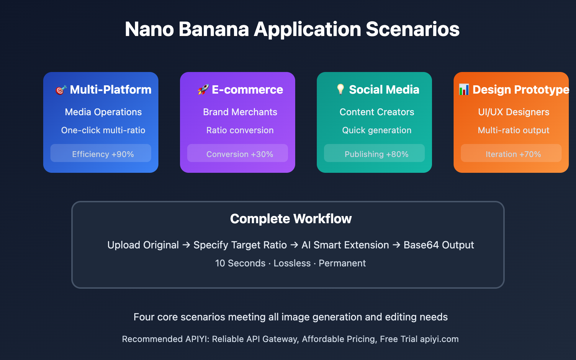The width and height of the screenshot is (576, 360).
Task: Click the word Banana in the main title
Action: (214, 29)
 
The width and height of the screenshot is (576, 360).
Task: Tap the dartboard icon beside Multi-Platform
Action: (61, 90)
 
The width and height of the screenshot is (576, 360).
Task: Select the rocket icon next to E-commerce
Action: (203, 90)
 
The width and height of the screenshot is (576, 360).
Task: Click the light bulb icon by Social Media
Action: (341, 90)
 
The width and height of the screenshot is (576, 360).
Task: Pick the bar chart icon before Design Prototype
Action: (464, 90)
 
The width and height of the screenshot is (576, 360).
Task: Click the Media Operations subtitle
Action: (103, 112)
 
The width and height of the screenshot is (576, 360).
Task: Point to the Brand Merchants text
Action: (240, 112)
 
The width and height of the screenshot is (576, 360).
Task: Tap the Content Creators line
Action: (377, 112)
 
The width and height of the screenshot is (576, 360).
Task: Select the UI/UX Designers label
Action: (513, 112)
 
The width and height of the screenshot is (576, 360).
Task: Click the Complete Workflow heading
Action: (291, 219)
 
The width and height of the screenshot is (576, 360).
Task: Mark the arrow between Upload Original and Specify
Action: (186, 245)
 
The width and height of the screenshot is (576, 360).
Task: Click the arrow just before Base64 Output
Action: (396, 245)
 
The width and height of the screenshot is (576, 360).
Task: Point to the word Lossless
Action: (292, 263)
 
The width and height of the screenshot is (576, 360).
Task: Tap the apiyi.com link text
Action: (439, 339)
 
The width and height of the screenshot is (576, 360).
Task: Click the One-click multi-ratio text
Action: (103, 130)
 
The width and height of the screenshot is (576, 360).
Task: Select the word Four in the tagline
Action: (144, 317)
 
